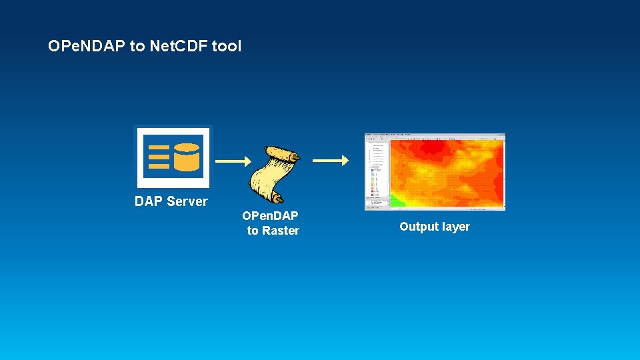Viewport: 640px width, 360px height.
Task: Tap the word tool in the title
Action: click(x=227, y=46)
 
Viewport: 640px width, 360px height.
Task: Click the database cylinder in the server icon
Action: click(x=187, y=157)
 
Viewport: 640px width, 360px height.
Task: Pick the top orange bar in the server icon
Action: click(x=159, y=147)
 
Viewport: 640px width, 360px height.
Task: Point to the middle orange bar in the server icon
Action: click(x=159, y=157)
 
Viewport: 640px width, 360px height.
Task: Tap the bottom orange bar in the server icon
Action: click(x=159, y=166)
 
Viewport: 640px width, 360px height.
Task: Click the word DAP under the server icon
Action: click(x=149, y=201)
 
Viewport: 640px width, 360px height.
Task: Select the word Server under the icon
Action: click(x=187, y=201)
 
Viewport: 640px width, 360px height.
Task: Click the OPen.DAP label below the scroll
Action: click(x=270, y=216)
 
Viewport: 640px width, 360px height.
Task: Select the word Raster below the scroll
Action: click(x=281, y=231)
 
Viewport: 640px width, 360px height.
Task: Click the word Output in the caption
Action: click(x=419, y=227)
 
